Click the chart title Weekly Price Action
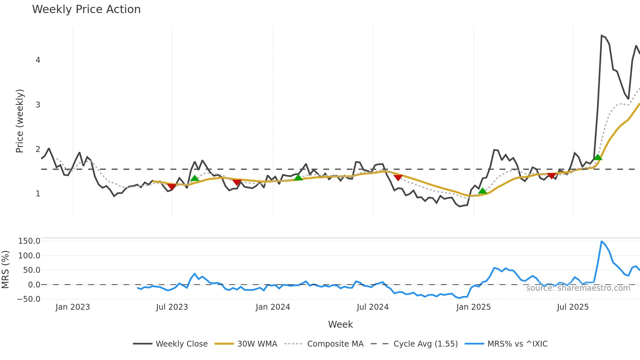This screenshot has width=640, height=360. (86, 9)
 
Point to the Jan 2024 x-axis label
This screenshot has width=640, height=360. (273, 307)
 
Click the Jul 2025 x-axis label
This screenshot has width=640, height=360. (572, 307)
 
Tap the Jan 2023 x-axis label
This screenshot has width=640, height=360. (72, 307)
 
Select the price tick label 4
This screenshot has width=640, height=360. (38, 60)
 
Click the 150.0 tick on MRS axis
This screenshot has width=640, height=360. (29, 241)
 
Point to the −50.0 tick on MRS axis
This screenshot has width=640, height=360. (29, 299)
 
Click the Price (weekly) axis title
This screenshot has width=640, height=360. (20, 121)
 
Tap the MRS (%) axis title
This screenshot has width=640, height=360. (5, 270)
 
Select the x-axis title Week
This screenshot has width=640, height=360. (340, 324)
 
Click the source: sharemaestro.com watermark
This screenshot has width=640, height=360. (578, 288)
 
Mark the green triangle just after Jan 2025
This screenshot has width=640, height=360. (482, 191)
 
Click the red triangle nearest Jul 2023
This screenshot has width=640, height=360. (171, 187)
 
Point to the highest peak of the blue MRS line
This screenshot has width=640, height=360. (601, 241)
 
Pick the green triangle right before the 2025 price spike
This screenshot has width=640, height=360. (598, 157)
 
